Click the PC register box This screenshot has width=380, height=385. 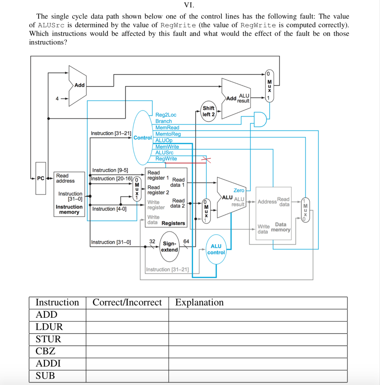41,178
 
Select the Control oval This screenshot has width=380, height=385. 143,138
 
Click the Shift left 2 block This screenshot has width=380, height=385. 208,111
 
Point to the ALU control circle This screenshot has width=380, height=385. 216,249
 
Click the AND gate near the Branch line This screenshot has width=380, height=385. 260,119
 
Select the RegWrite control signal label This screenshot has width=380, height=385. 166,159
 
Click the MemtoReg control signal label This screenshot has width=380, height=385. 168,134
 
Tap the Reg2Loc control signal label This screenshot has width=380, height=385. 166,115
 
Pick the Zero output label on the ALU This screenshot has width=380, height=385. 239,191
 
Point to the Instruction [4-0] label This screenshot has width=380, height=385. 109,209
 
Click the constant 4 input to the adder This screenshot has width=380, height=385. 57,99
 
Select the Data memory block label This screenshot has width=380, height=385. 281,227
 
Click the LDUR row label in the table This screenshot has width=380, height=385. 49,327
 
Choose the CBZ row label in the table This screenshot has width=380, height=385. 45,351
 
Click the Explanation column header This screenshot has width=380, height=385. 199,302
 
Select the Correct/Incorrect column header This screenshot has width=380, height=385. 127,302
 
